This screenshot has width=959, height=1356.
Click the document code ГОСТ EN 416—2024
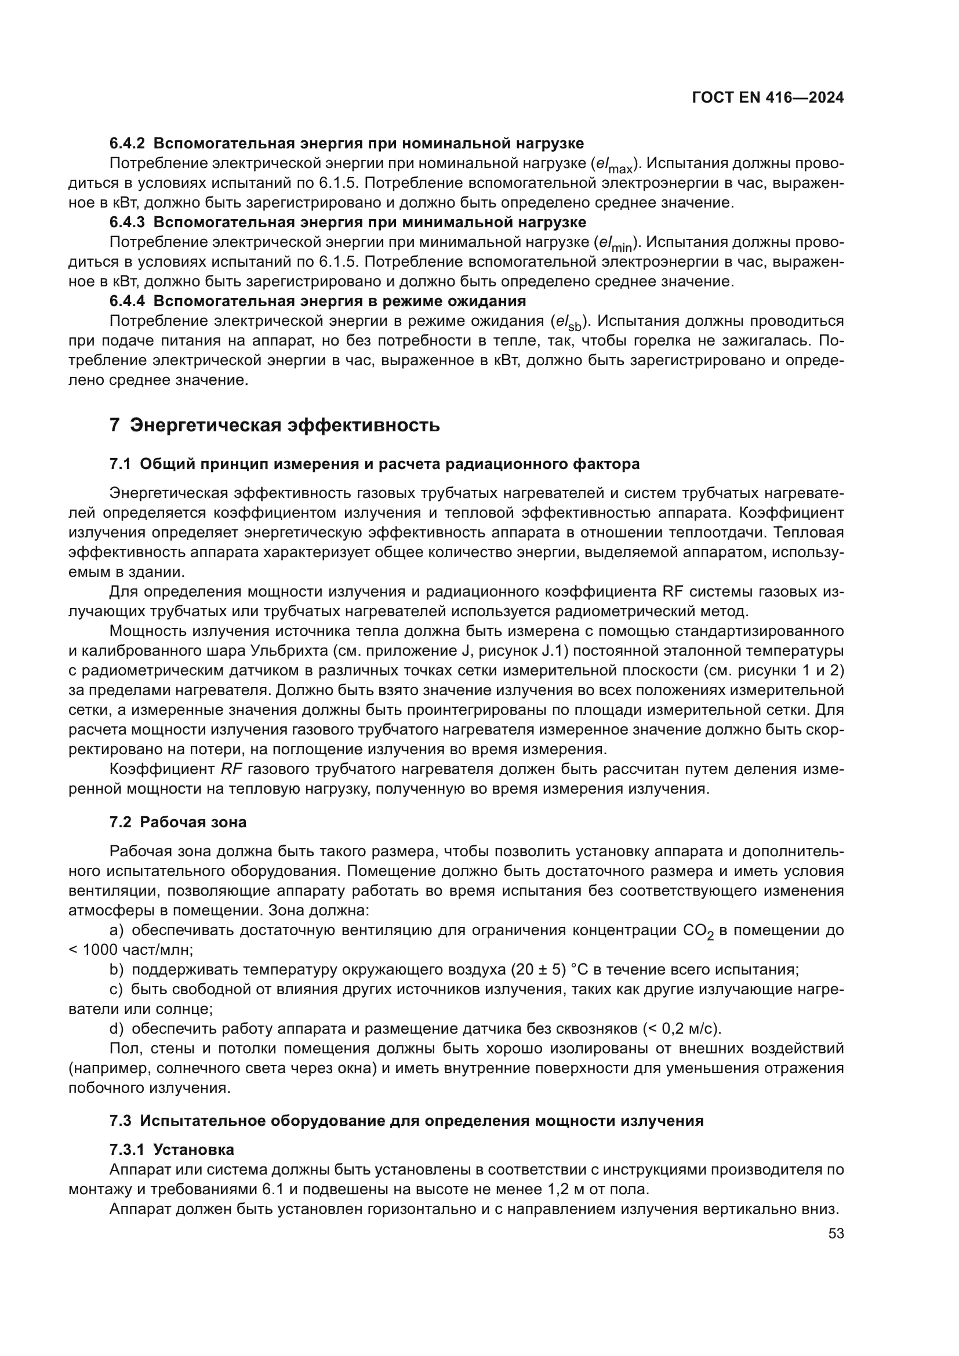[x=768, y=98]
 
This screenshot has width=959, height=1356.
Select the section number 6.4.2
[x=127, y=144]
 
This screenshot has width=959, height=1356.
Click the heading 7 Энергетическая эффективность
[x=275, y=424]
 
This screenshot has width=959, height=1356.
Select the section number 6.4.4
[x=127, y=301]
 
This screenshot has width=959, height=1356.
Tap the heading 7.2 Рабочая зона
[x=178, y=822]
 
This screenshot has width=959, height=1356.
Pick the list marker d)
[x=117, y=1029]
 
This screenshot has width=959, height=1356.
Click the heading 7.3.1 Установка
[x=171, y=1149]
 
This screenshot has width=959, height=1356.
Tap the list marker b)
[x=117, y=970]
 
